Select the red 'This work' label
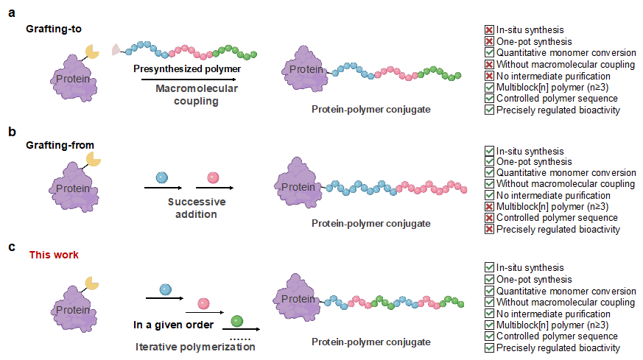pos(54,255)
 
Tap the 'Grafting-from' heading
pos(56,145)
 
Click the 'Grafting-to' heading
pos(53,29)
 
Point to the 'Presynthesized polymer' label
pos(187,68)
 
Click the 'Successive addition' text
pos(197,208)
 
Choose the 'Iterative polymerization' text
pos(195,347)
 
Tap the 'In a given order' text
pos(174,325)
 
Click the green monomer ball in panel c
pos(236,321)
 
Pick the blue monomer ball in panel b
pos(163,177)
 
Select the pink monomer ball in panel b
pos(213,177)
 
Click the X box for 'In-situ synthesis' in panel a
pos(489,30)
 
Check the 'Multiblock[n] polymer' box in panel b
pos(489,206)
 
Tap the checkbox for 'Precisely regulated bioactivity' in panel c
pos(489,348)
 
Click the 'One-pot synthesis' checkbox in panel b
pos(489,162)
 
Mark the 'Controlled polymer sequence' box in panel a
pos(489,99)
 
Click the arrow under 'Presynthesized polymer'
pos(189,79)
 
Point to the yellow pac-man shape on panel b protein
pos(94,158)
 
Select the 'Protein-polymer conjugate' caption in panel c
pos(370,342)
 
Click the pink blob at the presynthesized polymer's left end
pos(116,49)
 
